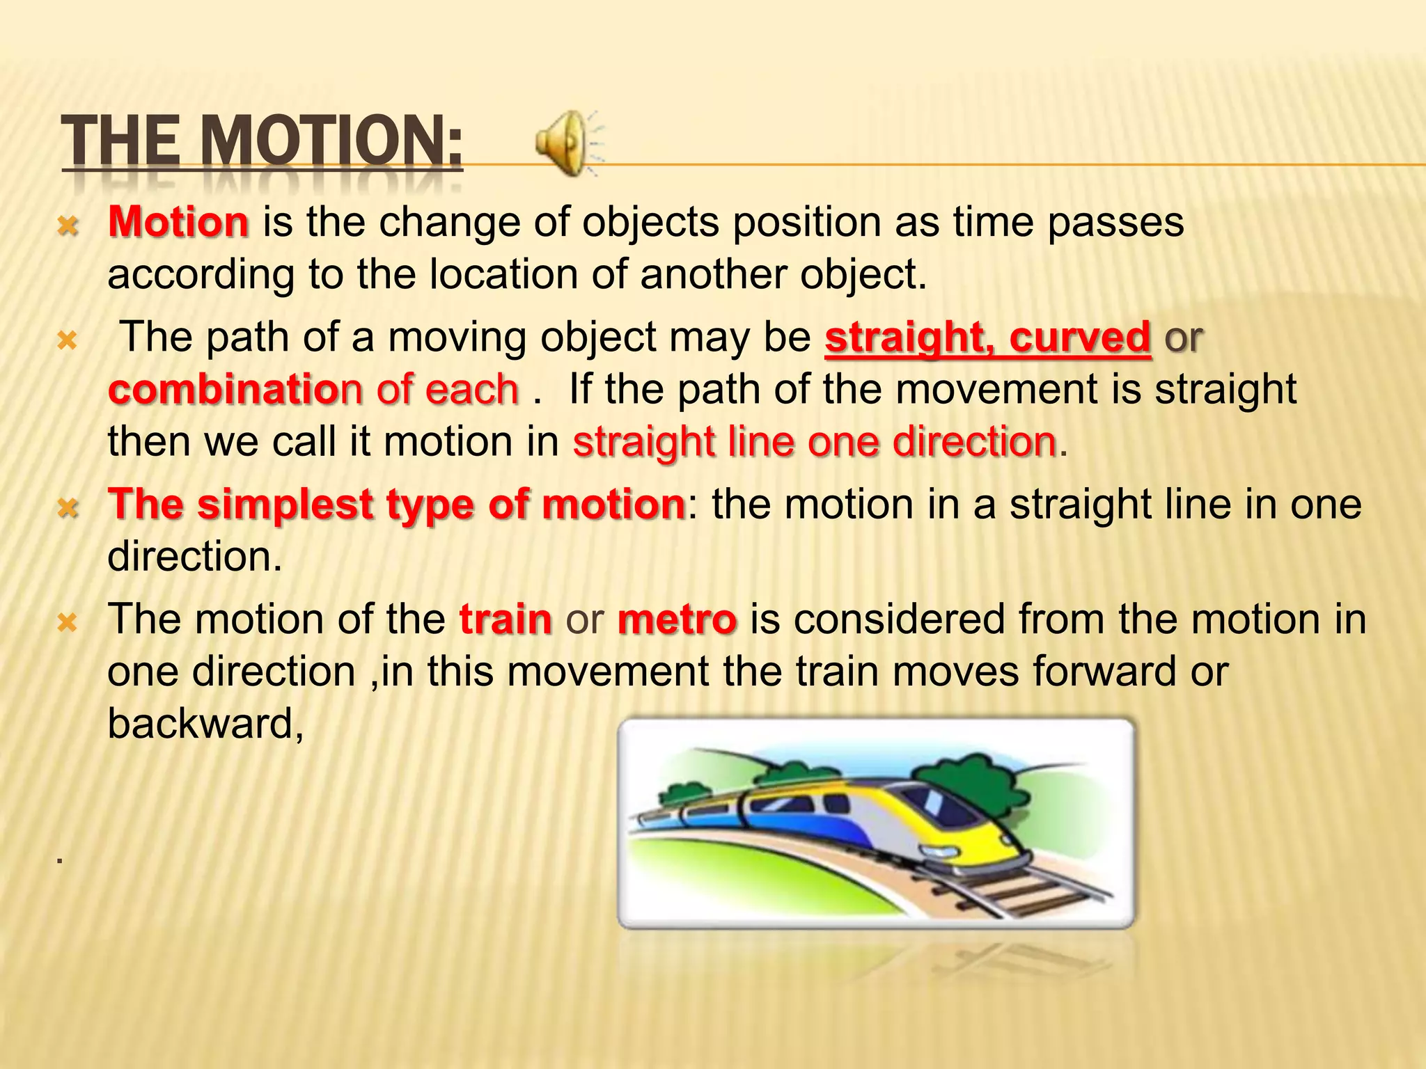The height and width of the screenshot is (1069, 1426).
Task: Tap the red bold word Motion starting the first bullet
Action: coord(178,223)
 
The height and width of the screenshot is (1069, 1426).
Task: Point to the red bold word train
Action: coord(506,619)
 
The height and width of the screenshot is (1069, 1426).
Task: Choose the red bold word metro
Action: coord(677,619)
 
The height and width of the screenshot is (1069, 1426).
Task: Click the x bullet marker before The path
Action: coord(68,341)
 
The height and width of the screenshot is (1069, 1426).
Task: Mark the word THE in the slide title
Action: coord(118,143)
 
